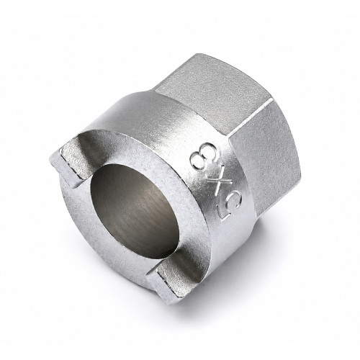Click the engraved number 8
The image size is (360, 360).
tap(204, 156)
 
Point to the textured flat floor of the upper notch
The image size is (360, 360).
tap(72, 160)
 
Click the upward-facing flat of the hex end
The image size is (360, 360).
tap(214, 91)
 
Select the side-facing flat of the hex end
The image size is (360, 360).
tap(266, 156)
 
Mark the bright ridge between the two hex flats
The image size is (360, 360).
tap(251, 118)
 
